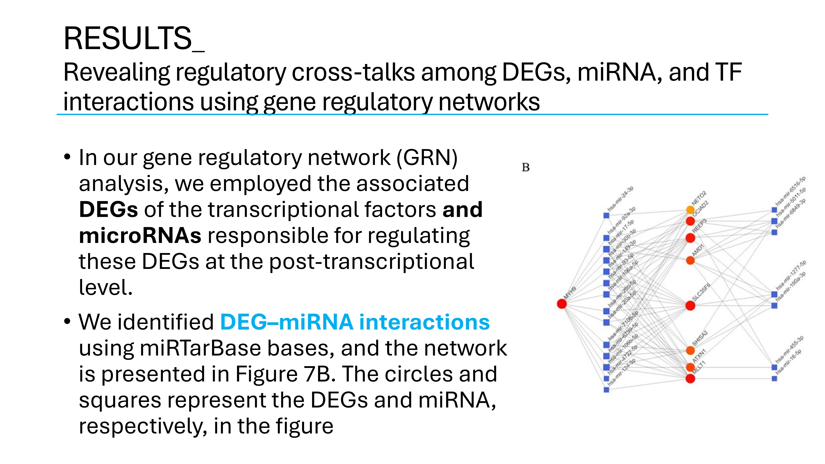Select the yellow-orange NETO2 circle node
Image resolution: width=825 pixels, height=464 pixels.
pyautogui.click(x=690, y=210)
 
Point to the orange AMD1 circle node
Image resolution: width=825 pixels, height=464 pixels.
pyautogui.click(x=690, y=260)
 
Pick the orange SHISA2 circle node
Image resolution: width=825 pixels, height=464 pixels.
pyautogui.click(x=690, y=350)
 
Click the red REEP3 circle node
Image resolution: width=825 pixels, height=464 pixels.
pyautogui.click(x=690, y=238)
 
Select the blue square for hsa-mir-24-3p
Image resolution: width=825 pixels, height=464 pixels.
pyautogui.click(x=606, y=216)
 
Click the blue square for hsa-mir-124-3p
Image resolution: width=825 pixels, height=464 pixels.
pyautogui.click(x=606, y=390)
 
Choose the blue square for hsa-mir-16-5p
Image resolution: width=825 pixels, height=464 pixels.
pyautogui.click(x=774, y=378)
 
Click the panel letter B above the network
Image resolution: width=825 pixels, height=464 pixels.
pyautogui.click(x=526, y=167)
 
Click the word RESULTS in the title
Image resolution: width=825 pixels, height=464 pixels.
pyautogui.click(x=127, y=38)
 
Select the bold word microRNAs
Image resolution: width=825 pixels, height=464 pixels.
pyautogui.click(x=140, y=236)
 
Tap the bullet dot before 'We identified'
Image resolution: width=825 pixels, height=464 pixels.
pyautogui.click(x=67, y=321)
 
